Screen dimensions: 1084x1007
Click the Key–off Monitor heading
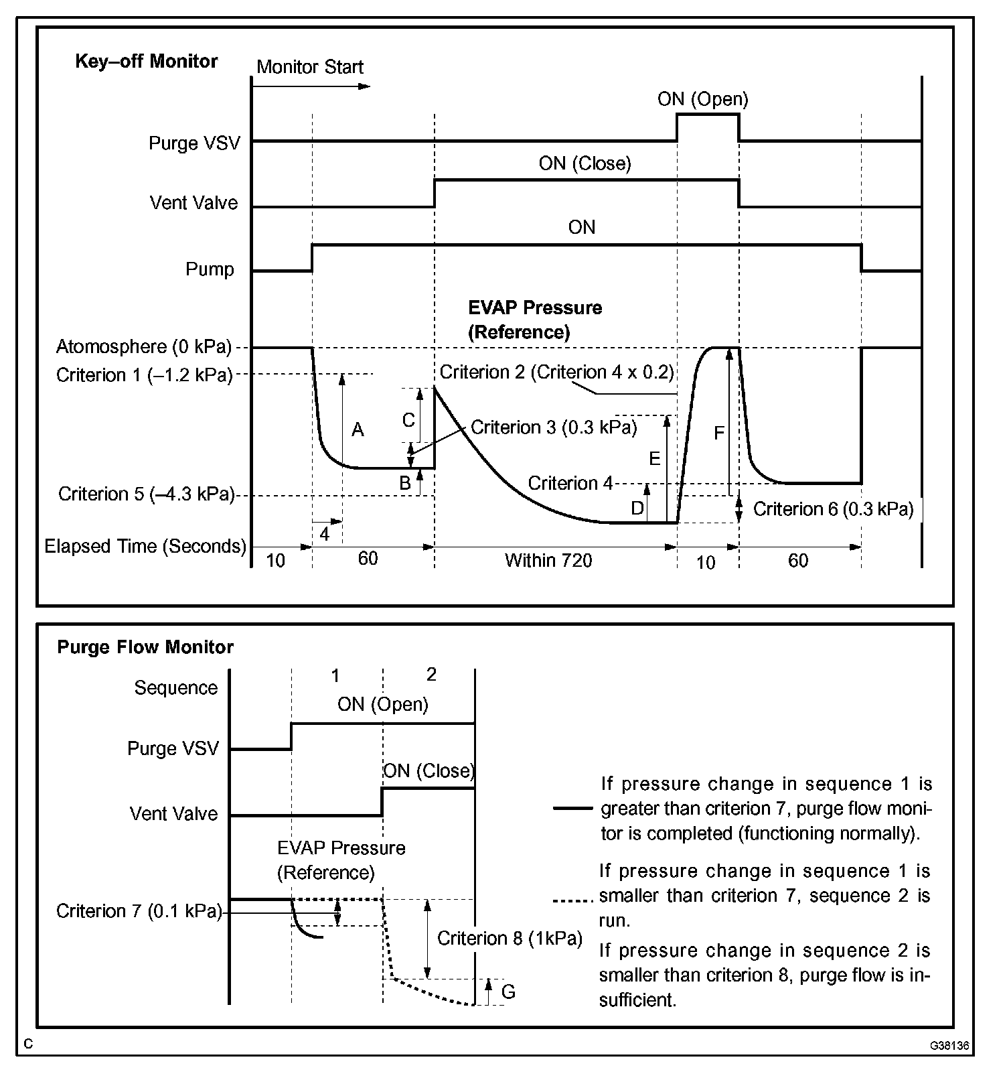(x=146, y=62)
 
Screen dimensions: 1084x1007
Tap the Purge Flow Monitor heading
(x=145, y=647)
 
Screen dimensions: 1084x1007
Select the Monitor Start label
(x=309, y=67)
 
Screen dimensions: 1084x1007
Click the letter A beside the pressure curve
(x=358, y=430)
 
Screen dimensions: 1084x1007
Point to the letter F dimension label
(x=718, y=433)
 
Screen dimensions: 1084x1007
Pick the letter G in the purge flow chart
(x=508, y=992)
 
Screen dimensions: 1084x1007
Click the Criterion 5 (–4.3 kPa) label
(x=146, y=494)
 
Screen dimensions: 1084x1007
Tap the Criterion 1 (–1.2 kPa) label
(x=144, y=375)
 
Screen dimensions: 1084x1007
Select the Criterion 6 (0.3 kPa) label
(x=833, y=510)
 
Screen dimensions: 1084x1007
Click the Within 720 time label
(x=548, y=560)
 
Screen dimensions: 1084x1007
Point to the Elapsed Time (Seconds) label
(x=145, y=546)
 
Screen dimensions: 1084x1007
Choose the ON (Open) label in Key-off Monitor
(x=702, y=99)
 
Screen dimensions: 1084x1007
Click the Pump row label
(x=210, y=269)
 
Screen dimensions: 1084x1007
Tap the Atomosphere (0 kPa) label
(x=144, y=346)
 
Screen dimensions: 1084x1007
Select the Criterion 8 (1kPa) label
(x=510, y=938)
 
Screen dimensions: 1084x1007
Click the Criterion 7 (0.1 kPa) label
(x=139, y=911)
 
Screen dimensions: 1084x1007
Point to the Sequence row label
(x=176, y=688)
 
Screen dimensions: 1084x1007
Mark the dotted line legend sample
(x=572, y=902)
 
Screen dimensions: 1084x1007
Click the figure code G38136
(x=948, y=1046)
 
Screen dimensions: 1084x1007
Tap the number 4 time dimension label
(x=325, y=534)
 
